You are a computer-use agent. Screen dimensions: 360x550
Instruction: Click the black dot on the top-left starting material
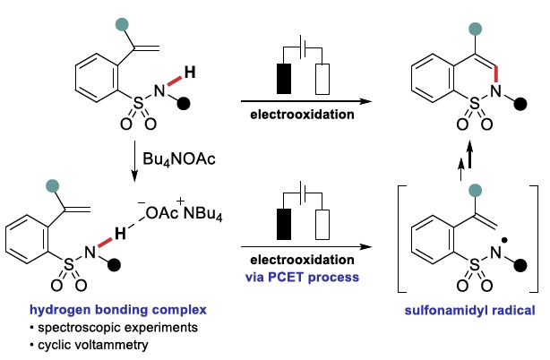click(184, 104)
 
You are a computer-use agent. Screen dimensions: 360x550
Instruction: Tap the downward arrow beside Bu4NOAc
click(132, 159)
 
